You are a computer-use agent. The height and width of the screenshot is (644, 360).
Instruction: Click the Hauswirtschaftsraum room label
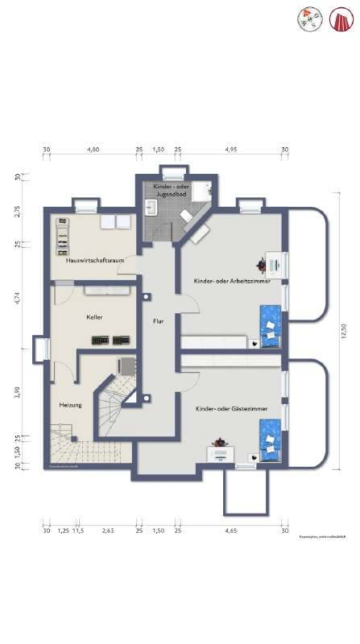click(x=90, y=261)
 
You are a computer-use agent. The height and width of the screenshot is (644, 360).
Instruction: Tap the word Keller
click(x=94, y=317)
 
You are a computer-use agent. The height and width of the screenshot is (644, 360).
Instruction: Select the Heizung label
click(x=70, y=404)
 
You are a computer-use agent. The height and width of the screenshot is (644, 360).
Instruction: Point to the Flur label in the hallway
click(x=159, y=321)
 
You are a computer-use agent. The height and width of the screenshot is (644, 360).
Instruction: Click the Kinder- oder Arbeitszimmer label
click(x=231, y=281)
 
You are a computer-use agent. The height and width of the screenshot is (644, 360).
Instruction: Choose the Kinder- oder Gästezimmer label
click(x=231, y=410)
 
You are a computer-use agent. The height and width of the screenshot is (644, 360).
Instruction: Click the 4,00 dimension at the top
click(x=93, y=150)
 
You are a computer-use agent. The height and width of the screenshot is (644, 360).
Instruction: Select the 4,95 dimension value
click(x=230, y=150)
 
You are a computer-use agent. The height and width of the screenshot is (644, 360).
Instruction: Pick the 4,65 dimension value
click(x=230, y=531)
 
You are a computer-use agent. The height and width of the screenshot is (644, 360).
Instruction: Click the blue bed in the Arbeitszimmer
click(x=271, y=326)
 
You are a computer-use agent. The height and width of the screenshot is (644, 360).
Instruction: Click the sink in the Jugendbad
click(x=151, y=208)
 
